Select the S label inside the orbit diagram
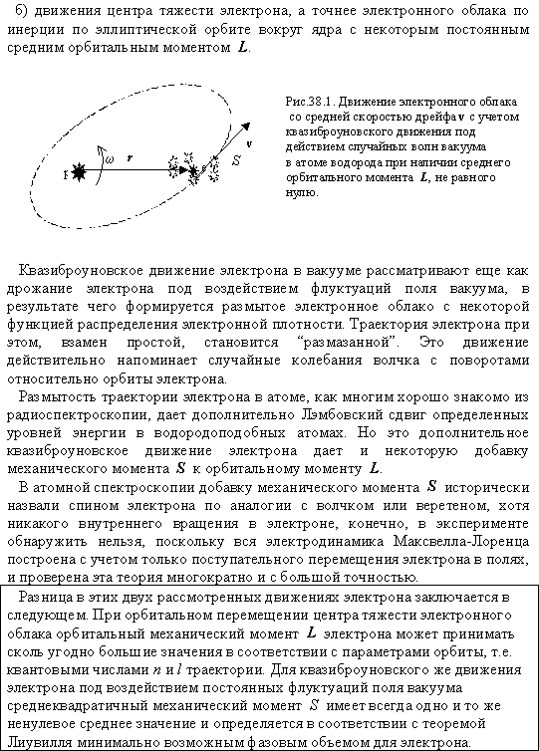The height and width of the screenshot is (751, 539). pyautogui.click(x=235, y=158)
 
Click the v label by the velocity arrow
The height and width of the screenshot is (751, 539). pyautogui.click(x=248, y=143)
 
